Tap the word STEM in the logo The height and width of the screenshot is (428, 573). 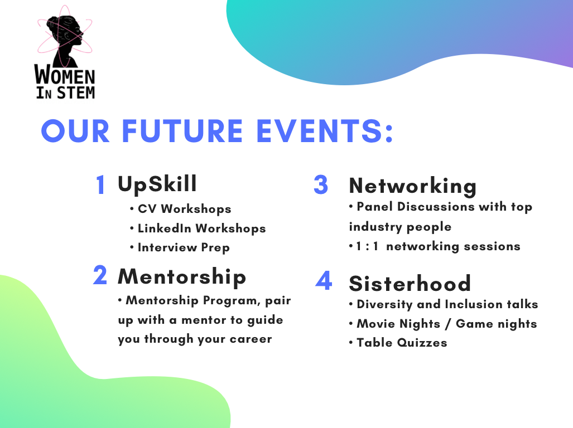(x=76, y=93)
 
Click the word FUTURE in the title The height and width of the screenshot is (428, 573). (x=182, y=131)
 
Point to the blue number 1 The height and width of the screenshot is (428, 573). (x=101, y=184)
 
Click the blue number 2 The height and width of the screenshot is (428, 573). (x=100, y=275)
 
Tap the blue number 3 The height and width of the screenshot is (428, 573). (x=321, y=184)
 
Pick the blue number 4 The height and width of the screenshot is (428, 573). (x=324, y=280)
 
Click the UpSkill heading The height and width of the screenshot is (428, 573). (x=157, y=184)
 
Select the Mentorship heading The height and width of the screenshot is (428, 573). (x=182, y=277)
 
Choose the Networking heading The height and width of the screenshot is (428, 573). (x=413, y=187)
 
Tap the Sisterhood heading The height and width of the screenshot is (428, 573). (x=410, y=284)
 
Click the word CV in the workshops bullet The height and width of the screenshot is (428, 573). (x=147, y=209)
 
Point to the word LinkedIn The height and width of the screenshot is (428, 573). (x=164, y=228)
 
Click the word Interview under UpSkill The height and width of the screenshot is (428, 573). (x=167, y=247)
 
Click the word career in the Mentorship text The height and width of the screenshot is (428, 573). (x=251, y=339)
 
